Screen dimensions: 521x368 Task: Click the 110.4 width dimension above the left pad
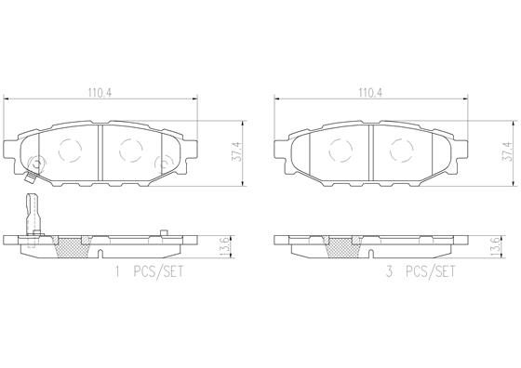point(100,93)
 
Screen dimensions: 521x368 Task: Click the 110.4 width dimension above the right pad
point(370,93)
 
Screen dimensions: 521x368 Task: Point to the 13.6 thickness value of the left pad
point(224,246)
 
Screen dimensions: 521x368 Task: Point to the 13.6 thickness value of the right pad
point(494,246)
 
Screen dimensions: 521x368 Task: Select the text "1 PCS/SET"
point(149,272)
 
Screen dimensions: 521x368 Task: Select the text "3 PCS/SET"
point(420,272)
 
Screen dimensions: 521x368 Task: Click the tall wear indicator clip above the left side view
point(33,215)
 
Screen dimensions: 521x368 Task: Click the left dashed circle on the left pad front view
point(70,151)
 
